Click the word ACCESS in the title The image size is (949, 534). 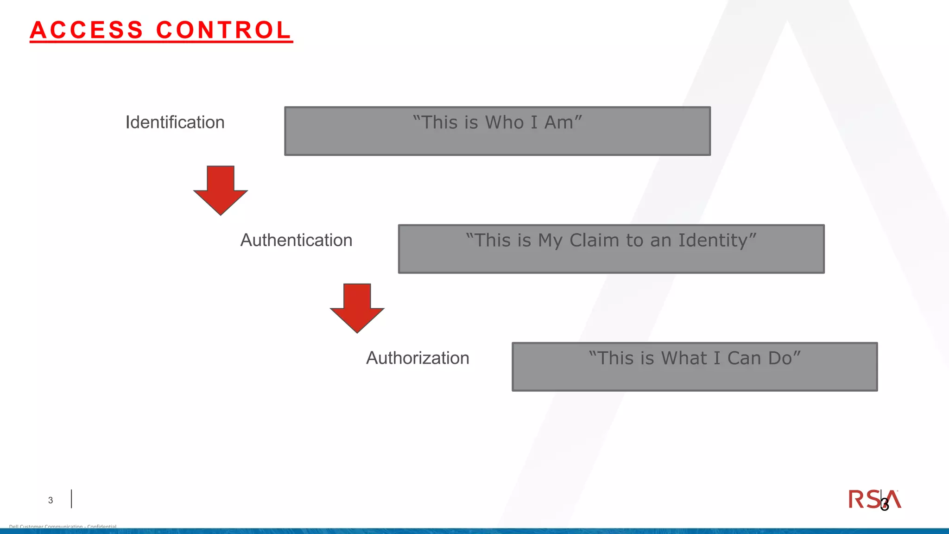87,30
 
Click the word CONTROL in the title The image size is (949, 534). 223,30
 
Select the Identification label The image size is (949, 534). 175,122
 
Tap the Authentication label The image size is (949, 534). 296,240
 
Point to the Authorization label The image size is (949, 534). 418,358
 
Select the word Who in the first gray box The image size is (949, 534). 504,122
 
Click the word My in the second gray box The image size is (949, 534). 550,240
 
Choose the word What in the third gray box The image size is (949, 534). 684,358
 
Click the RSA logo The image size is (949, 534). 874,499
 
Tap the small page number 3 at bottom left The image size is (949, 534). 51,500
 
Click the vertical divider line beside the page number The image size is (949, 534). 71,499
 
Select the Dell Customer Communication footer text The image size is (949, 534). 63,527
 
